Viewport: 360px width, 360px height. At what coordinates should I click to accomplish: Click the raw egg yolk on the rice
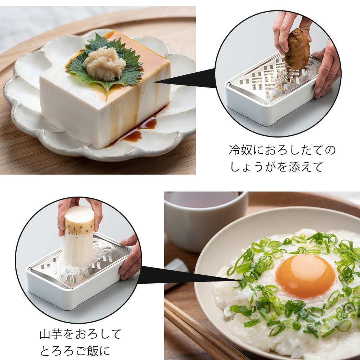click(305, 275)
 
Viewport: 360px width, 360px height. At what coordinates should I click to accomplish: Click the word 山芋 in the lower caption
click(51, 334)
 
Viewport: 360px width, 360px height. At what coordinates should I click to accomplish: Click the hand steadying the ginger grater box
click(326, 69)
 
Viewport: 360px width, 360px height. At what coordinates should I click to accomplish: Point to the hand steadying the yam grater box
click(130, 257)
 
